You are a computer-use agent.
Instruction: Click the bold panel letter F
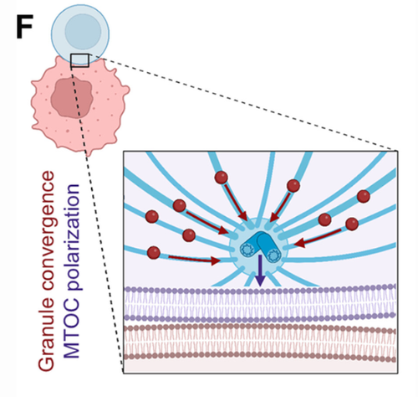pyautogui.click(x=24, y=26)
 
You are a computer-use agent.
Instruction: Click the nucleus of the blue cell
pyautogui.click(x=83, y=31)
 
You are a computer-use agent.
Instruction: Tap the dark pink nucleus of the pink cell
pyautogui.click(x=72, y=98)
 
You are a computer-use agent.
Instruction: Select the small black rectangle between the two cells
pyautogui.click(x=80, y=60)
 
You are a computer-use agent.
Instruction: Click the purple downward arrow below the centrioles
pyautogui.click(x=260, y=271)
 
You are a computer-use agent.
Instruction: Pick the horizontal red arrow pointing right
pyautogui.click(x=194, y=260)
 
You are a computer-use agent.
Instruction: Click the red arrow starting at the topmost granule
pyautogui.click(x=236, y=203)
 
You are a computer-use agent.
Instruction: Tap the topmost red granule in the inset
pyautogui.click(x=222, y=178)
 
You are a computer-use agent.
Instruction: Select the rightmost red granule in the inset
pyautogui.click(x=364, y=196)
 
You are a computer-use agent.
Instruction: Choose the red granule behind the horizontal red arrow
pyautogui.click(x=154, y=253)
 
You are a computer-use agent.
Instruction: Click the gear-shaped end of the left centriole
pyautogui.click(x=246, y=250)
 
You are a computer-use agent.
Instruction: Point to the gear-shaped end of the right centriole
pyautogui.click(x=273, y=255)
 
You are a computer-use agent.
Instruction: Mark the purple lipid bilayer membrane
pyautogui.click(x=260, y=302)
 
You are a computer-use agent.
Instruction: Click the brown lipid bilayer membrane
pyautogui.click(x=260, y=343)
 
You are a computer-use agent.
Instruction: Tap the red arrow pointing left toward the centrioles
pyautogui.click(x=318, y=238)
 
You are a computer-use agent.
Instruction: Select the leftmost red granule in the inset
pyautogui.click(x=152, y=217)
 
